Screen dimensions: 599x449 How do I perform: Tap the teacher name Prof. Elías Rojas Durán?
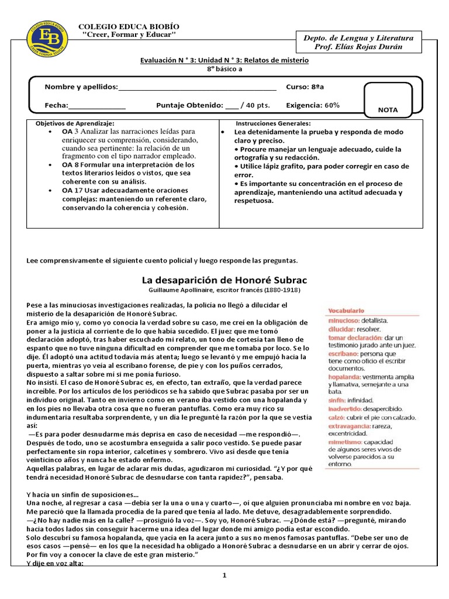pyautogui.click(x=364, y=47)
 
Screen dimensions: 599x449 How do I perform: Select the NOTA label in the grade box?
pyautogui.click(x=387, y=109)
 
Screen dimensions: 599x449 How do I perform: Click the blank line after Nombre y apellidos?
pyautogui.click(x=197, y=88)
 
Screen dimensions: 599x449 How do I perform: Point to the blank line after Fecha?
pyautogui.click(x=97, y=106)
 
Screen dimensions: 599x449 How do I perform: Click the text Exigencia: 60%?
pyautogui.click(x=312, y=105)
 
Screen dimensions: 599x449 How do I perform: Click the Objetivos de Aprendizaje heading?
pyautogui.click(x=75, y=124)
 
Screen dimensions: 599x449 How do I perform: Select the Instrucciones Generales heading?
pyautogui.click(x=273, y=124)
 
